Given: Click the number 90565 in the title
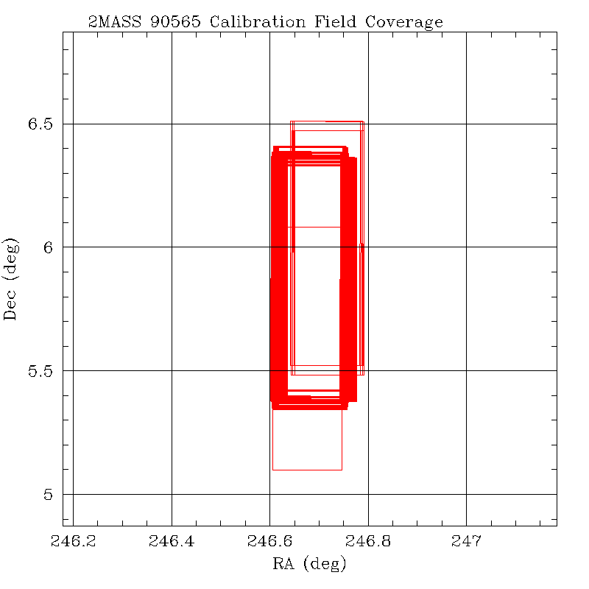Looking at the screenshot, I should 176,21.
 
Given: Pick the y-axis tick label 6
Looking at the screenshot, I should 49,247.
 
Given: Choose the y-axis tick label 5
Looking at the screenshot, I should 49,494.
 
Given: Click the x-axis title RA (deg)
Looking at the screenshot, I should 309,565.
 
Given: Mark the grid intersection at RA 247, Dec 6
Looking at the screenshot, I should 466,247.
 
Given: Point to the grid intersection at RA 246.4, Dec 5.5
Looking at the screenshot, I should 172,370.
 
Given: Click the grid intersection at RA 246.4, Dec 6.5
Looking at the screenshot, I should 172,124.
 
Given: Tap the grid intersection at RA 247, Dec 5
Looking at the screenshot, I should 466,494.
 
